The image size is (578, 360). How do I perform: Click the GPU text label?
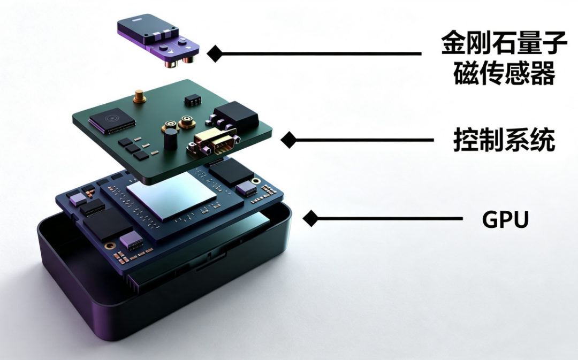point(505,220)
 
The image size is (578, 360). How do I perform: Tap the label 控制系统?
point(504,140)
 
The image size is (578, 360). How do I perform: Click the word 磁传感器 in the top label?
point(504,73)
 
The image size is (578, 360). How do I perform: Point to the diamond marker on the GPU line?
point(310,218)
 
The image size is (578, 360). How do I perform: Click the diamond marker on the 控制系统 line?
point(288,140)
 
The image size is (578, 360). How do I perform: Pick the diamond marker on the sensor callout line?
point(215,54)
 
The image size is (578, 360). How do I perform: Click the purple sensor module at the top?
point(158,40)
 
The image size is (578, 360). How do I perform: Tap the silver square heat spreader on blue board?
point(171,196)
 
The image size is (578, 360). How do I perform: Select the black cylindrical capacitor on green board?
point(170,139)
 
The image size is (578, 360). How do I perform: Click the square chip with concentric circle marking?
point(112,120)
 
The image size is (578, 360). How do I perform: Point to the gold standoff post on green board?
point(139,96)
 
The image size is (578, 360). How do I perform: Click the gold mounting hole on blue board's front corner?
point(110,246)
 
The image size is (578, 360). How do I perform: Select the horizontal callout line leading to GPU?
point(389,218)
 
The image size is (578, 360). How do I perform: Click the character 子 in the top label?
point(555,43)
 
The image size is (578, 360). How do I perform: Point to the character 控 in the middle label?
point(466,140)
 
